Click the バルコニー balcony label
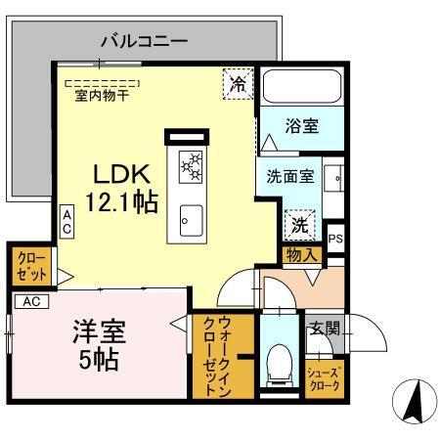144,42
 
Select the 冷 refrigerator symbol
238,84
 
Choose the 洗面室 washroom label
291,178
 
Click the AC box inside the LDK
66,220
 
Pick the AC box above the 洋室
32,301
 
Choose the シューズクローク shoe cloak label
326,380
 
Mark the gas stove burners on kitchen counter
190,167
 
